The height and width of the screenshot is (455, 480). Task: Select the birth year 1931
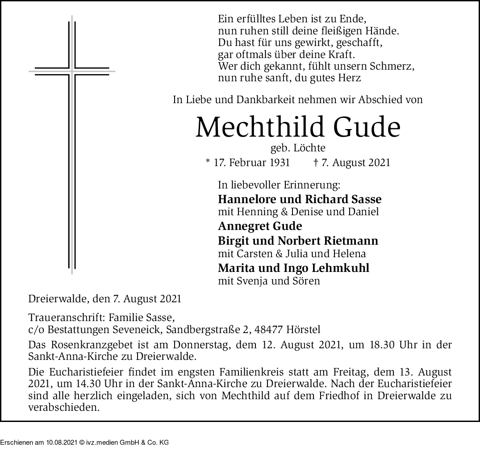tap(280, 163)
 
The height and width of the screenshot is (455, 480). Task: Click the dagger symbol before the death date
tap(316, 163)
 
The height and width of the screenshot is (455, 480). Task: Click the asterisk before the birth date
tap(208, 162)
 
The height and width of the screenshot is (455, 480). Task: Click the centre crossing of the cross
tap(72, 71)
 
